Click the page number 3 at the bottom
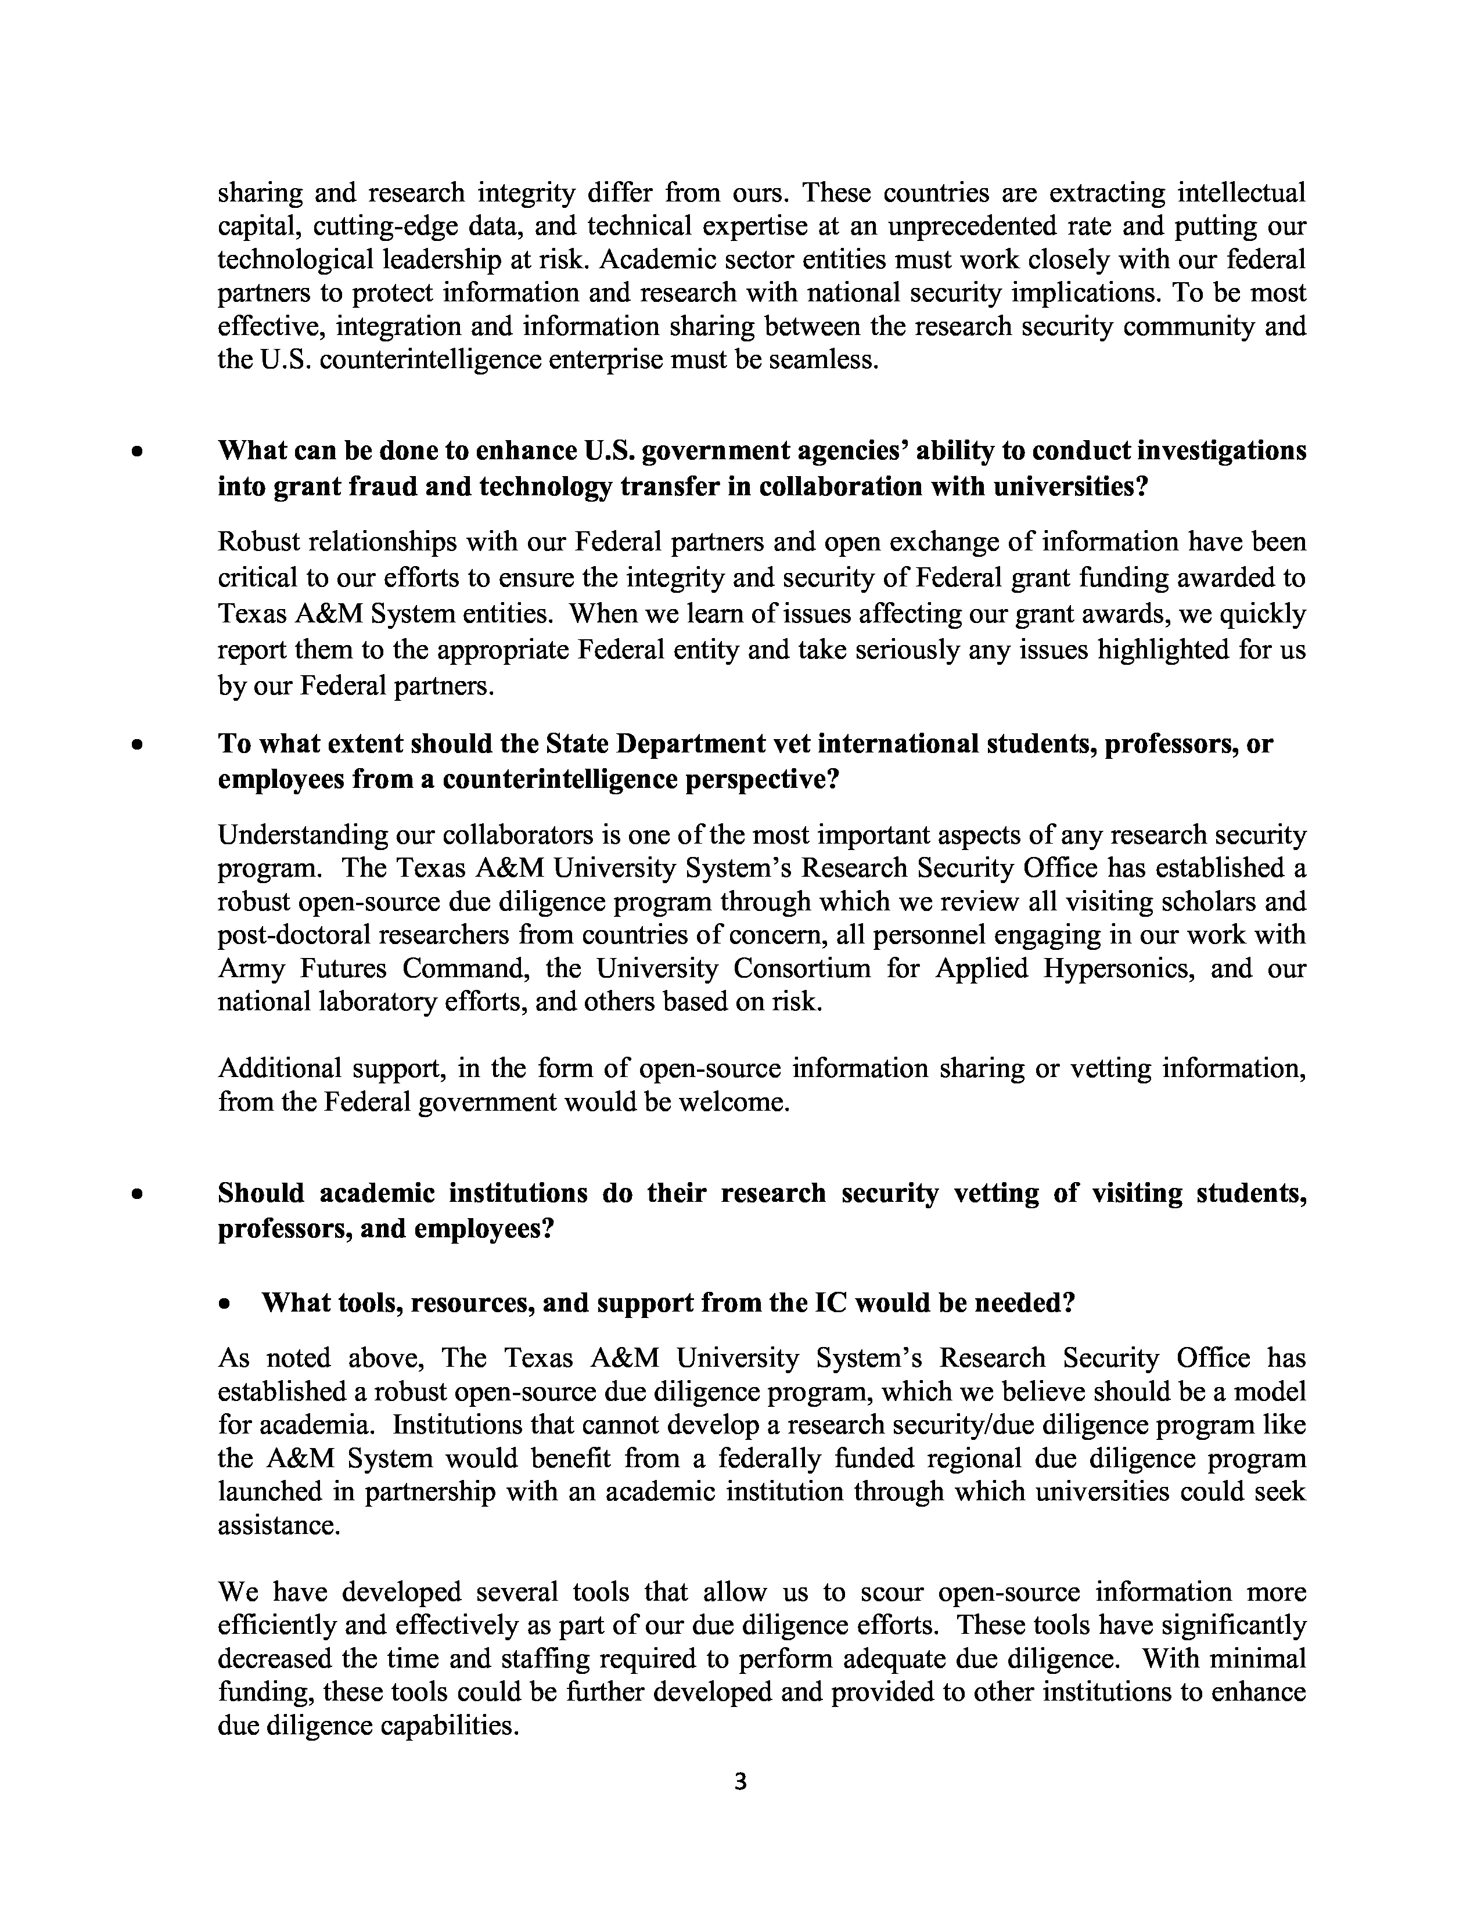pyautogui.click(x=739, y=1782)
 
